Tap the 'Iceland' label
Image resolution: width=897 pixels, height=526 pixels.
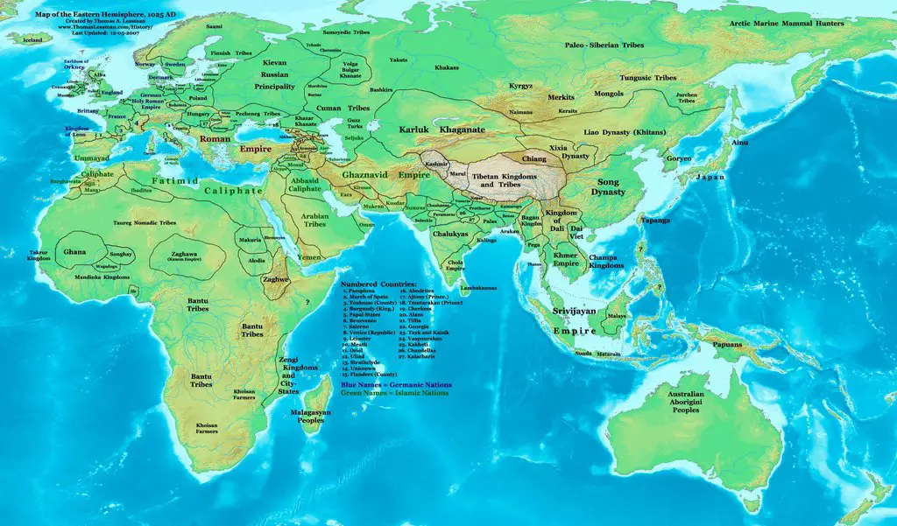pyautogui.click(x=32, y=39)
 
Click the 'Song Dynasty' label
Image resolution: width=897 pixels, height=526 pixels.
pyautogui.click(x=607, y=186)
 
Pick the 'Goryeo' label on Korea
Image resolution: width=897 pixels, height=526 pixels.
pyautogui.click(x=678, y=159)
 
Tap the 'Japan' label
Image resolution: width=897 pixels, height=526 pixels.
pyautogui.click(x=710, y=177)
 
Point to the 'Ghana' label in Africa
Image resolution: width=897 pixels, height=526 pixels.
pyautogui.click(x=74, y=252)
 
